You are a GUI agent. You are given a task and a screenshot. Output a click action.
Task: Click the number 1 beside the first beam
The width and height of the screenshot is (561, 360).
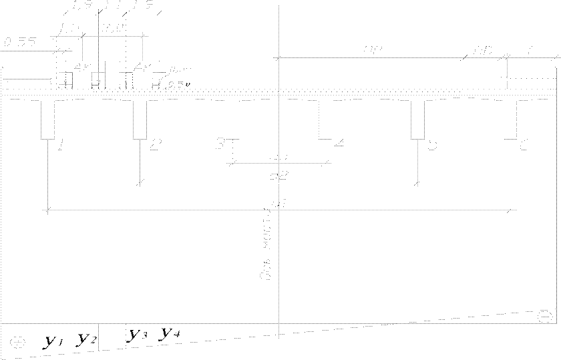point(60,146)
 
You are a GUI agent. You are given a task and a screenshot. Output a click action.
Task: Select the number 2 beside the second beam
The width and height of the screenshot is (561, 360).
point(154,145)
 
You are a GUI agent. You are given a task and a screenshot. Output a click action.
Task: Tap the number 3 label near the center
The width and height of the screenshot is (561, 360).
point(220,144)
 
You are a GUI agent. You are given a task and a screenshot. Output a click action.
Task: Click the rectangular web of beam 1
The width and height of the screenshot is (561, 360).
point(48,120)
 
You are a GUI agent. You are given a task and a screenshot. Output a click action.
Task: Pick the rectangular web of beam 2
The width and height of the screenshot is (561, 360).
point(140,120)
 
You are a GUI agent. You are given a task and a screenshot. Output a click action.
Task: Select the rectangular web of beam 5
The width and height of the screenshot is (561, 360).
point(417,120)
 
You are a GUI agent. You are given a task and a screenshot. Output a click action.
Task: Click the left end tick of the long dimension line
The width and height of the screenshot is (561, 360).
point(47,210)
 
